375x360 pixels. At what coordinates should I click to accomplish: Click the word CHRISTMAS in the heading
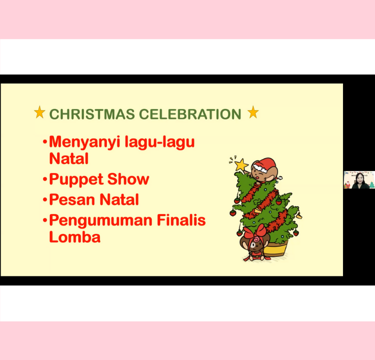point(92,114)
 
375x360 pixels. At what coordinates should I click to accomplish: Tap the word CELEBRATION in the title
point(190,114)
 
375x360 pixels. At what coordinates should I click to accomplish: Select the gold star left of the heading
point(39,112)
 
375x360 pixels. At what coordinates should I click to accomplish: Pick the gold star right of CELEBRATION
point(253,112)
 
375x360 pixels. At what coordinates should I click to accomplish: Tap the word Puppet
point(76,180)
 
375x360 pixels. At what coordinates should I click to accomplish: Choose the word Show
point(128,179)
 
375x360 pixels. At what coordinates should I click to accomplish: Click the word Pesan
point(72,199)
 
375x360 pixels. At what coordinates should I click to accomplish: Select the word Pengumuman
point(100,221)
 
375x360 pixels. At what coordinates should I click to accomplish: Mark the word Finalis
point(181,220)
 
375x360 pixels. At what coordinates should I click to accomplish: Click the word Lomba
point(75,237)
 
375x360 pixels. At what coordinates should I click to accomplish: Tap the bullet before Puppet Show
point(44,179)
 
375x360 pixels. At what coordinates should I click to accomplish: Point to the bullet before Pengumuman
point(44,220)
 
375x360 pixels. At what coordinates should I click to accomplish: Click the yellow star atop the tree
point(241,165)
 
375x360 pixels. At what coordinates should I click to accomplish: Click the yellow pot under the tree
point(276,248)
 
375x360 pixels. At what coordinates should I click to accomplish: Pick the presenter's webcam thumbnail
point(359,180)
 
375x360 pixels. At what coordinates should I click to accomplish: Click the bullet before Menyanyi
point(44,142)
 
